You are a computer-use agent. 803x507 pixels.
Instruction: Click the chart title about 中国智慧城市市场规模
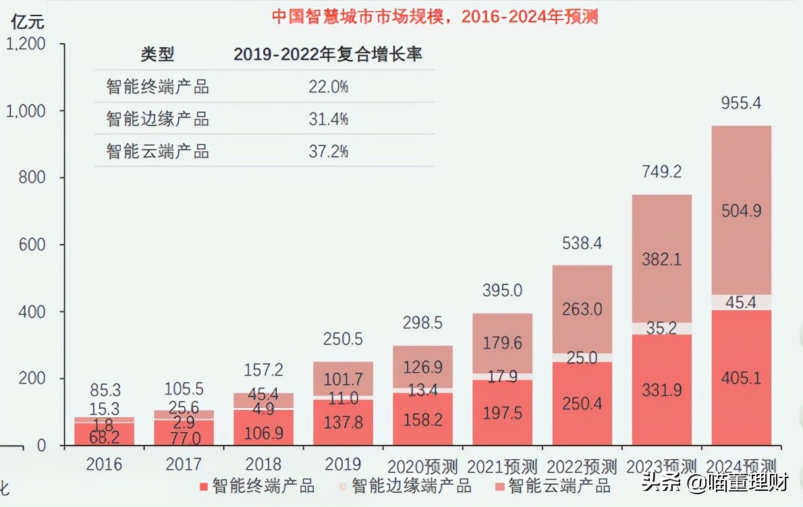[x=435, y=16]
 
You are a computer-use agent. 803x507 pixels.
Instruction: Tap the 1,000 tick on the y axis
[x=25, y=111]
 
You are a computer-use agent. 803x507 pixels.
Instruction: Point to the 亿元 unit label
[x=27, y=22]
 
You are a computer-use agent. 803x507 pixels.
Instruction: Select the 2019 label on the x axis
[x=343, y=464]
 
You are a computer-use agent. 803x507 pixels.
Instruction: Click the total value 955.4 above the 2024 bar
[x=741, y=104]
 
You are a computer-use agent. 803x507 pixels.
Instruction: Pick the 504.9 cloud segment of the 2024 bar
[x=741, y=211]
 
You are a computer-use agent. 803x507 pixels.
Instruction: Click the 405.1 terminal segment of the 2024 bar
[x=741, y=378]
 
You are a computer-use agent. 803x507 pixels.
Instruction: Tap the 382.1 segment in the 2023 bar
[x=661, y=259]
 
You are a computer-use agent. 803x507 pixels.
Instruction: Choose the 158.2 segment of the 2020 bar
[x=422, y=420]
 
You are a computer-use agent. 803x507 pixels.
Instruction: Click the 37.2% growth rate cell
[x=328, y=152]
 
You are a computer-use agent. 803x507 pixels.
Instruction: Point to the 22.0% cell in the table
[x=328, y=87]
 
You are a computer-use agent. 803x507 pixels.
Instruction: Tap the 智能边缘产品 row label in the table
[x=157, y=119]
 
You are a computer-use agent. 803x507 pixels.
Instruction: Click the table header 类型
[x=157, y=55]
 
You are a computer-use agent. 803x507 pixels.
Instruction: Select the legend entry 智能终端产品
[x=256, y=485]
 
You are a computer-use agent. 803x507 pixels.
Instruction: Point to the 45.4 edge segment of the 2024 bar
[x=741, y=303]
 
